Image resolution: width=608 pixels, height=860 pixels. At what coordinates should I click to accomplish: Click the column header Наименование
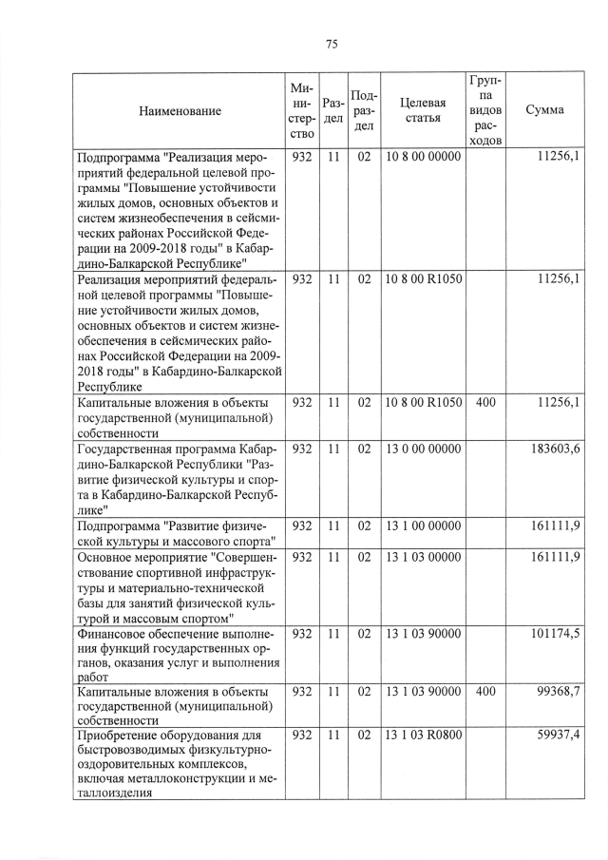click(x=180, y=111)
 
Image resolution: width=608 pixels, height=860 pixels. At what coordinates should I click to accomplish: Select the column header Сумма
click(x=544, y=110)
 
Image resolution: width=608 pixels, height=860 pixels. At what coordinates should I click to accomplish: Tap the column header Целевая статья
click(x=423, y=110)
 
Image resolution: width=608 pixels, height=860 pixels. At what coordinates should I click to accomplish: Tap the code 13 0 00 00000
click(x=423, y=448)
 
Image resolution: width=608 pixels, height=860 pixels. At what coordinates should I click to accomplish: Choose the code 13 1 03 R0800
click(x=423, y=735)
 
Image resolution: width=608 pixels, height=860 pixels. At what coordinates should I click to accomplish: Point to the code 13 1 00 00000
click(x=423, y=526)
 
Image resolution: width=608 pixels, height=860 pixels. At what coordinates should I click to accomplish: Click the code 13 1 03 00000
click(x=423, y=556)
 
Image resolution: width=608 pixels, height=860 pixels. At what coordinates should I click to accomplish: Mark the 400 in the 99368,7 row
click(x=485, y=692)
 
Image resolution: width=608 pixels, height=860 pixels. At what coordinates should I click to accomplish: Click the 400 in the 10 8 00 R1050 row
click(x=485, y=403)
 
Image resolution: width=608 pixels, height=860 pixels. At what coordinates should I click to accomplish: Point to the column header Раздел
click(x=332, y=110)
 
